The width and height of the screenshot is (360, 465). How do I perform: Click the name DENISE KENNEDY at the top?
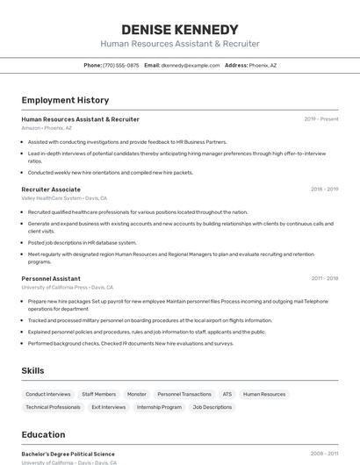point(180,30)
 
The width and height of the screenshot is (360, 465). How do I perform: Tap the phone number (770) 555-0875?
point(120,65)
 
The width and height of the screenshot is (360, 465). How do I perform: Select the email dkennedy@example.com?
point(191,65)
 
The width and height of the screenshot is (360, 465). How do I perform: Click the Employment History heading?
point(65,100)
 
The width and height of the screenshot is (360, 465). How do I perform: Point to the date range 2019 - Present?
point(321,119)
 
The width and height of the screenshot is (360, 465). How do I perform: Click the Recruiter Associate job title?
point(51,189)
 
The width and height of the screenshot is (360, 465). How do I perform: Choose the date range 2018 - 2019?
point(324,189)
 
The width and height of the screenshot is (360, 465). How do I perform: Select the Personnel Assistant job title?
point(51,279)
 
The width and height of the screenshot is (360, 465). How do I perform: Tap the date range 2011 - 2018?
point(324,279)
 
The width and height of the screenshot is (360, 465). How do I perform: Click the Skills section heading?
point(32,370)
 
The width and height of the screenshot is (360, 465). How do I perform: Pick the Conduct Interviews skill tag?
point(48,395)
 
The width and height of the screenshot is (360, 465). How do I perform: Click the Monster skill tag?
point(137,395)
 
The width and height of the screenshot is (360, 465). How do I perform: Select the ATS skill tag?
point(227,395)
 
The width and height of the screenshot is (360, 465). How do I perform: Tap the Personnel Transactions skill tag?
point(184,395)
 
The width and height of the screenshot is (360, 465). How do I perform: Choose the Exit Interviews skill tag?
point(109,407)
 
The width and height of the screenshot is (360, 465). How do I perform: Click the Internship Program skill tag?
point(159,407)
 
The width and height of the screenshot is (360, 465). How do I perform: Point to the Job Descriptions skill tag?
point(212,407)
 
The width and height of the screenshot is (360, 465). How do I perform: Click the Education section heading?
point(43,434)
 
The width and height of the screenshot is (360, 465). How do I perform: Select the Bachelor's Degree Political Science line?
point(68,454)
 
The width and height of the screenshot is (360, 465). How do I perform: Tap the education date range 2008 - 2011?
point(324,454)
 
